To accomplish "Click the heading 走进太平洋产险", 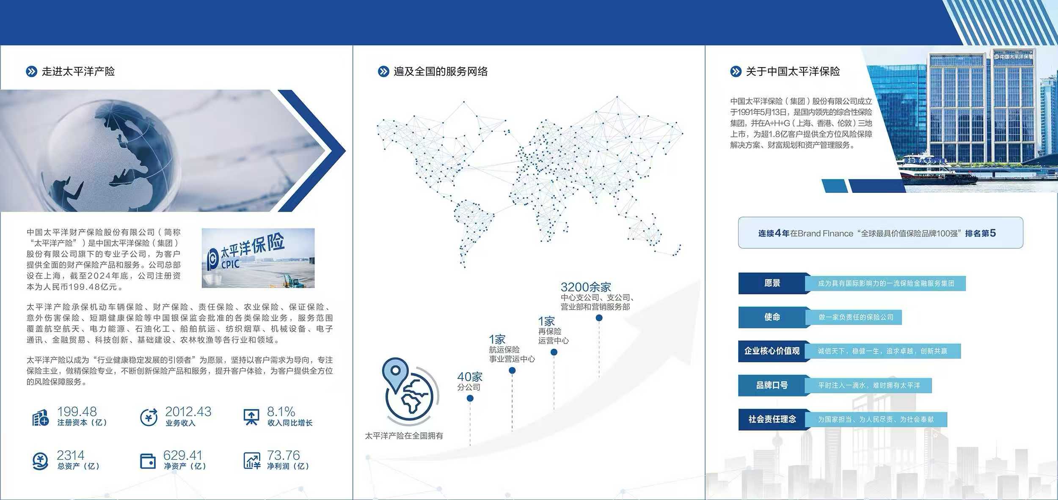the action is point(78,71).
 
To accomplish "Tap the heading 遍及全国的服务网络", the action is point(441,71).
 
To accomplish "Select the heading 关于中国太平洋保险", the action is point(793,71).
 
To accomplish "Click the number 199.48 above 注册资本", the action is point(77,412).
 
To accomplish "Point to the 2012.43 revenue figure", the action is point(188,412).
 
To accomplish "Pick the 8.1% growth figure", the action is point(281,412).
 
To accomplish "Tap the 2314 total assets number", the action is point(71,455).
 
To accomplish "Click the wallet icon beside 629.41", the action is point(148,461).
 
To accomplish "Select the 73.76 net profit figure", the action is point(283,455).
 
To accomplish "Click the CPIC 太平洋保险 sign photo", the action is point(258,258).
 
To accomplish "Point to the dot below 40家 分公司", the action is point(470,398).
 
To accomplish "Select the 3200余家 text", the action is point(586,287).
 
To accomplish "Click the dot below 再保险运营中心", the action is point(554,352).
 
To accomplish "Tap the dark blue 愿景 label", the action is point(772,283).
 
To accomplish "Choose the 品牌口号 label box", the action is point(772,385).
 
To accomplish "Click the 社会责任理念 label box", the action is point(772,419).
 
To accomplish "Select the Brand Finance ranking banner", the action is point(881,233).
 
